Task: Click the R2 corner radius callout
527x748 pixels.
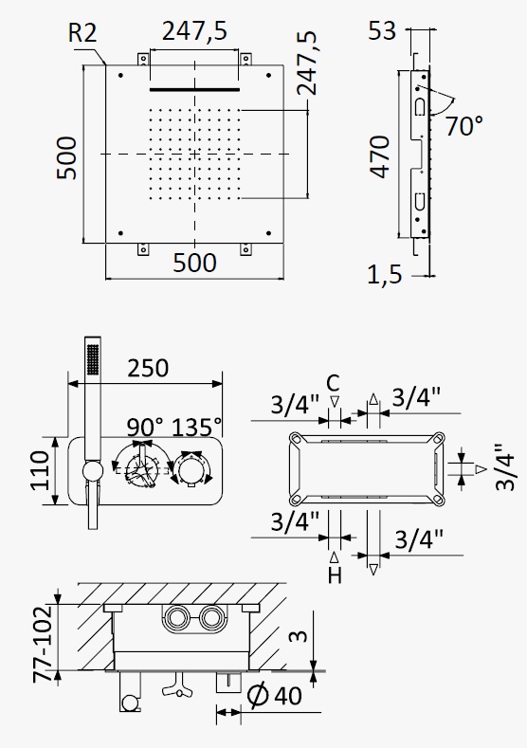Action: (82, 33)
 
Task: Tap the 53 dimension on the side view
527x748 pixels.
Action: (382, 31)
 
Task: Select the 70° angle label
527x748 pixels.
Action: (464, 125)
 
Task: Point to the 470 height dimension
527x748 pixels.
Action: (381, 157)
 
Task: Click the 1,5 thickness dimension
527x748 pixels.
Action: (385, 274)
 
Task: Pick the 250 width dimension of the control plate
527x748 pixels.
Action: (148, 368)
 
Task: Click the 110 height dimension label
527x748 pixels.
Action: (40, 470)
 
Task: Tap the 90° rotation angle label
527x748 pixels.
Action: (144, 427)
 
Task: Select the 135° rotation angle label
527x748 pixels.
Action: (196, 427)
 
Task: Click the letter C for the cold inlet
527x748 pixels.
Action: (333, 383)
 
